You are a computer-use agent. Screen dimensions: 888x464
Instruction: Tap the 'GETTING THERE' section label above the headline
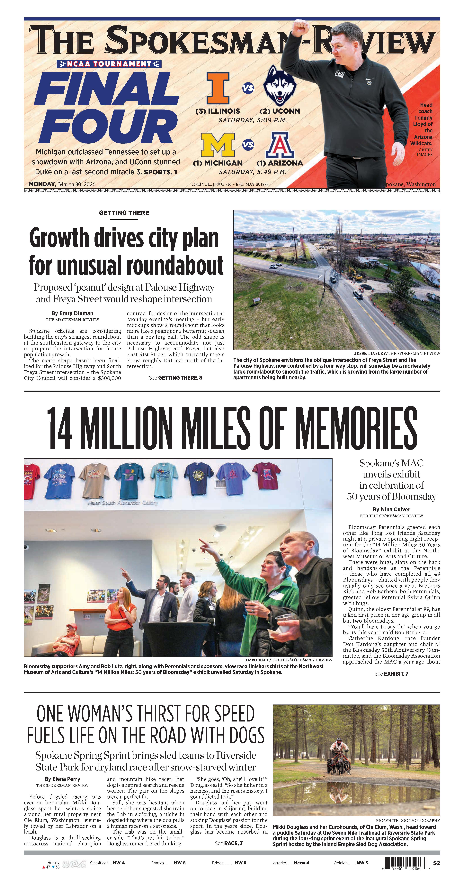coord(124,213)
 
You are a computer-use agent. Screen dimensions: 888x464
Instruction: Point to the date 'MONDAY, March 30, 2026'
coord(62,184)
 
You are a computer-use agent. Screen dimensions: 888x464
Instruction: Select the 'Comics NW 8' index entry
coord(168,863)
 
